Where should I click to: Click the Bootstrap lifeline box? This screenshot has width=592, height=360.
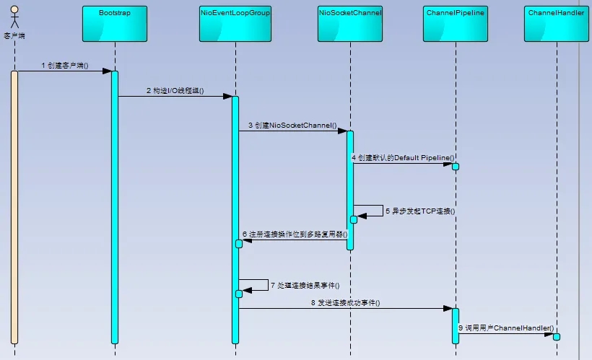115,24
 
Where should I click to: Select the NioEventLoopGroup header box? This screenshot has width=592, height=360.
235,24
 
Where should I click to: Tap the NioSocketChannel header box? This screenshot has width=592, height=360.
350,24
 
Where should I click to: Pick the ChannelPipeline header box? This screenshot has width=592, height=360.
456,24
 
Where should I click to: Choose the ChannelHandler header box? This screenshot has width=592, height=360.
557,24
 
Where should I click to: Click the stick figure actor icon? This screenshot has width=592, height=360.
14,17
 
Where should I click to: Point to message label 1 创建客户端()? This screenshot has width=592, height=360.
65,65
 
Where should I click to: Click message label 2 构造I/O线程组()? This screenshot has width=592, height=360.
175,91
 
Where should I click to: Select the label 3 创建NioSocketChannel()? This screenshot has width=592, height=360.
292,126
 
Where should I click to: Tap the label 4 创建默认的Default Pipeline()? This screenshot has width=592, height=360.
403,158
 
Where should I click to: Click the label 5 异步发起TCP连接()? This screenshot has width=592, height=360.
420,211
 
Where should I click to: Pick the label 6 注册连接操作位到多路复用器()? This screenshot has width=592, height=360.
295,234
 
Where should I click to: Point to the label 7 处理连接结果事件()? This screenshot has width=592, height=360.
305,285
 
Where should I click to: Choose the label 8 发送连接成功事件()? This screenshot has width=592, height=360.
346,302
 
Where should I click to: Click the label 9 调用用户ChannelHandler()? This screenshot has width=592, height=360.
506,328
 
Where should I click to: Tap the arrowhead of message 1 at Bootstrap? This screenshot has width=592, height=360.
108,71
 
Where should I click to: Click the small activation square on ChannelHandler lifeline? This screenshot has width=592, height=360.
557,337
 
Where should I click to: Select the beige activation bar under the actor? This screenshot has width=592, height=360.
14,207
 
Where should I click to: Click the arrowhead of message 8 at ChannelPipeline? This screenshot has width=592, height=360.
448,308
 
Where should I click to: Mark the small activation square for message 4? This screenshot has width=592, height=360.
456,167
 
